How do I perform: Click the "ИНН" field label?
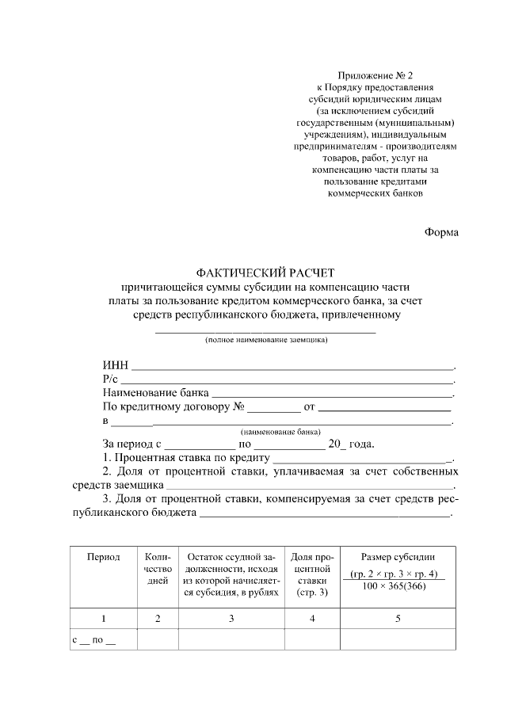click(115, 366)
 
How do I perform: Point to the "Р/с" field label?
click(110, 379)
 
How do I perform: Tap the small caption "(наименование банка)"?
click(280, 433)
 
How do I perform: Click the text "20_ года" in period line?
click(349, 444)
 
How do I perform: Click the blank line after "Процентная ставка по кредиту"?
click(360, 459)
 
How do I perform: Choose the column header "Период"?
click(104, 557)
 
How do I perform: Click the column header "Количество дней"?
click(158, 569)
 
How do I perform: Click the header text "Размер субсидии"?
click(397, 557)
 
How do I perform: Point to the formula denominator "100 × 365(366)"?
click(397, 585)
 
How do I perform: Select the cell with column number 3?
click(231, 618)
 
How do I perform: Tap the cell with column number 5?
click(397, 618)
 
